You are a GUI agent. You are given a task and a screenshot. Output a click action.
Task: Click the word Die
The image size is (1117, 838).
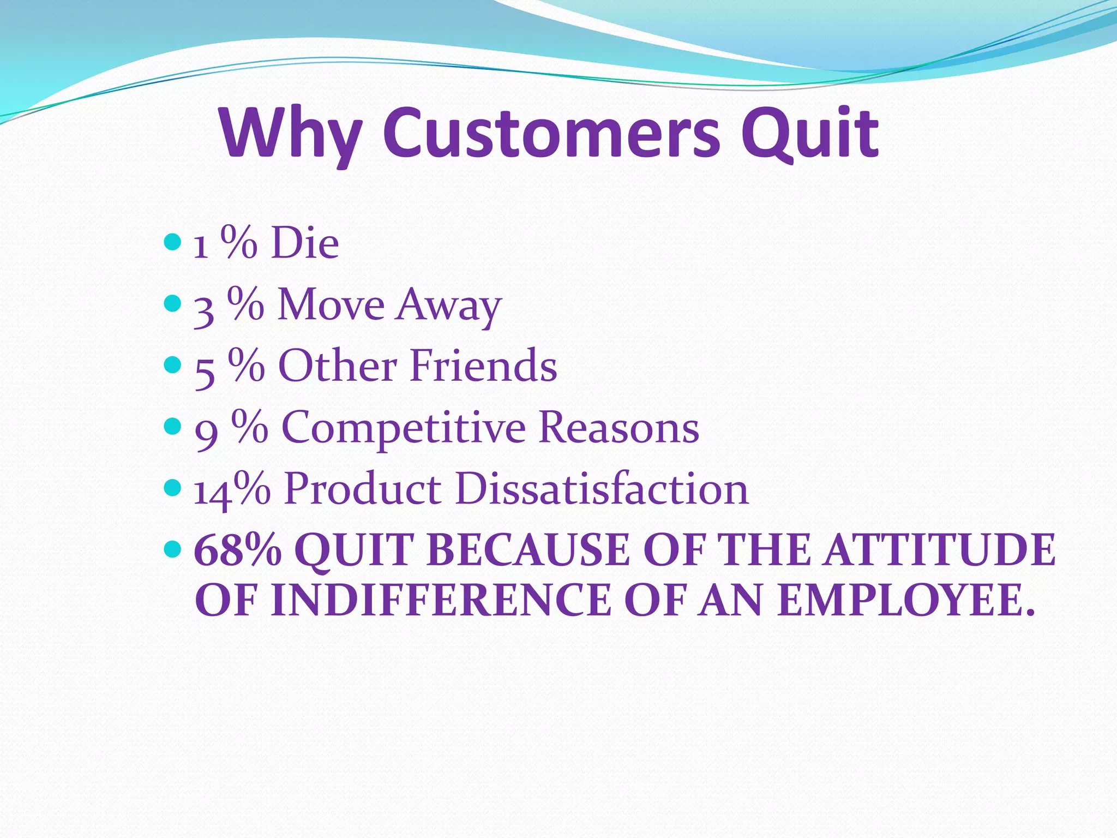click(x=305, y=243)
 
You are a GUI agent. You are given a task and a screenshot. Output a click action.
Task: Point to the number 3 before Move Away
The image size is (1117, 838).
click(x=203, y=309)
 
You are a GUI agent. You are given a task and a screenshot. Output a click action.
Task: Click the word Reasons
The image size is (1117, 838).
click(x=618, y=427)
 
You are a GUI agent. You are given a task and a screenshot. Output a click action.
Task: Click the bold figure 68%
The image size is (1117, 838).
click(x=238, y=550)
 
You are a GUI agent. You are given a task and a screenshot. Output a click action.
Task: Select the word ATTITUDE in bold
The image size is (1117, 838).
click(x=939, y=550)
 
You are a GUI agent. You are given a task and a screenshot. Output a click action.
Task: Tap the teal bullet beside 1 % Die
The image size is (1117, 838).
click(x=172, y=241)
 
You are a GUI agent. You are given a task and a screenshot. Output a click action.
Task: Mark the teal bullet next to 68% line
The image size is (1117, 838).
click(x=172, y=548)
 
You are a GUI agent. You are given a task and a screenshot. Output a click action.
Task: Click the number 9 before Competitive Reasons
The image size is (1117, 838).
click(x=206, y=433)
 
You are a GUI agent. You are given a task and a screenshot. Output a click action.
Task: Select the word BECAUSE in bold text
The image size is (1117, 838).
click(x=529, y=550)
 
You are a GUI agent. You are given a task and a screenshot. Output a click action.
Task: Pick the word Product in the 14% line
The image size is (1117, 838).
click(x=362, y=488)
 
